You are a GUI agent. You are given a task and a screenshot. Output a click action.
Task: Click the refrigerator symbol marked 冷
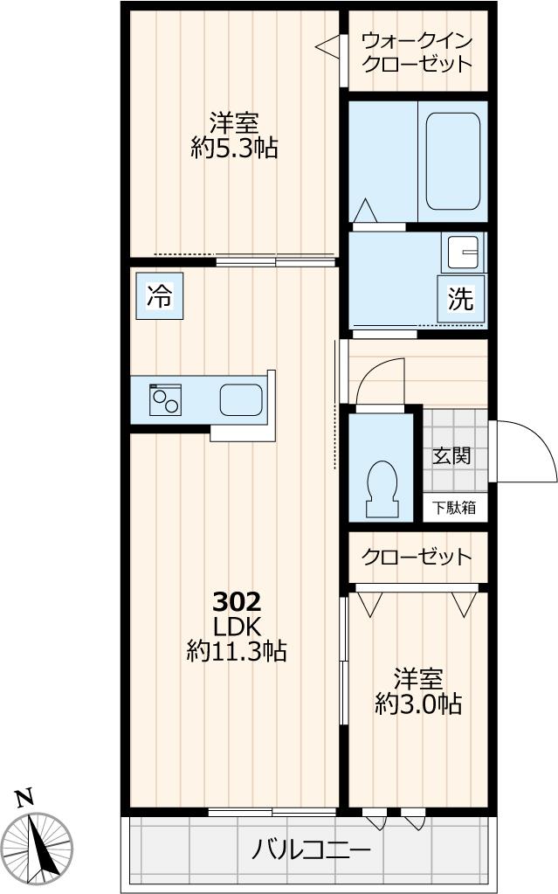159,296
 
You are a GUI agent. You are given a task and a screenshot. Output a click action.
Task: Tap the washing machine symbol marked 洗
460,299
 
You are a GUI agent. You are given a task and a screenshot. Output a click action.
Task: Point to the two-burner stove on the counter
165,400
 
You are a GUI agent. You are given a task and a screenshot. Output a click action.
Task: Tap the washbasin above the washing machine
463,253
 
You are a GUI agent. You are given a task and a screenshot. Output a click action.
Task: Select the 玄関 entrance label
451,455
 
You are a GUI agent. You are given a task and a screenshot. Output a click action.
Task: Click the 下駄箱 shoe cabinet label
451,508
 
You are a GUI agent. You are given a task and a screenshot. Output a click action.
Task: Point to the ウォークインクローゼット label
417,52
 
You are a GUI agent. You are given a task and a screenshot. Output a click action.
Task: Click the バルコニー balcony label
312,849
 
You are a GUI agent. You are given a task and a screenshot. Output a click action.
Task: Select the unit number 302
238,601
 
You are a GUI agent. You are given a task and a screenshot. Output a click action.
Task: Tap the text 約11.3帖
237,651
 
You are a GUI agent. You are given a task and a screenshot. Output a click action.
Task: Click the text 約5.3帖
234,148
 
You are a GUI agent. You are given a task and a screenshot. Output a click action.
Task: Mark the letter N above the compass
24,797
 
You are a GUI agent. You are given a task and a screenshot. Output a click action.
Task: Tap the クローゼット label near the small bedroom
417,557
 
